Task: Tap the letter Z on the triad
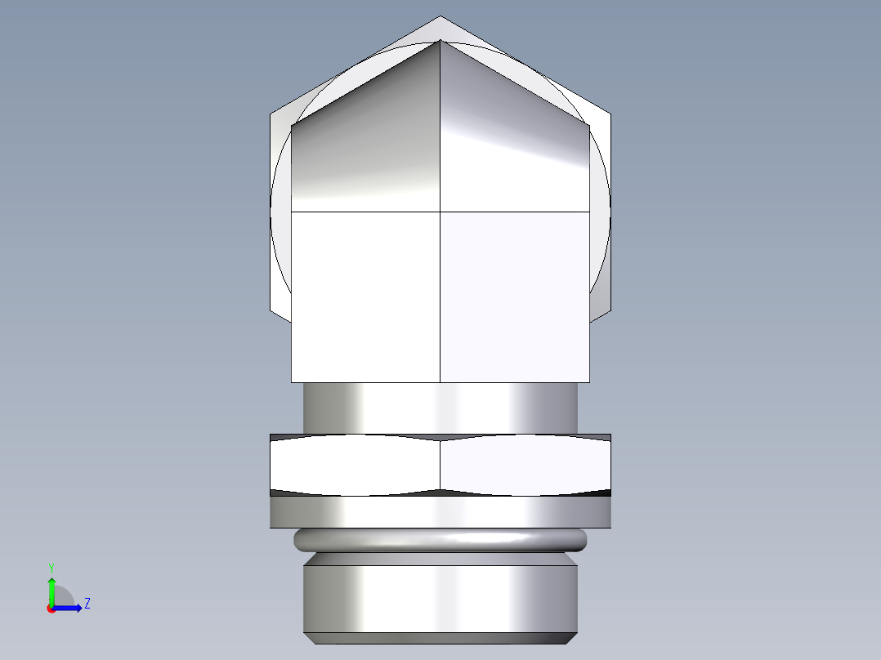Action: (x=87, y=604)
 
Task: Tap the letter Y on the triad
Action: (x=51, y=567)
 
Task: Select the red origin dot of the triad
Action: (x=51, y=609)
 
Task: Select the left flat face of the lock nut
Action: (x=355, y=466)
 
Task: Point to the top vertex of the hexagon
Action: (x=440, y=17)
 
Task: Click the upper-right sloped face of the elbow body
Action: (x=515, y=147)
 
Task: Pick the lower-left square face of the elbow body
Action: (x=365, y=297)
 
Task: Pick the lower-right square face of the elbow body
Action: (x=515, y=297)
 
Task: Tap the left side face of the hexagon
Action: (x=280, y=212)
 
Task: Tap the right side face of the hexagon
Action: (x=601, y=212)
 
